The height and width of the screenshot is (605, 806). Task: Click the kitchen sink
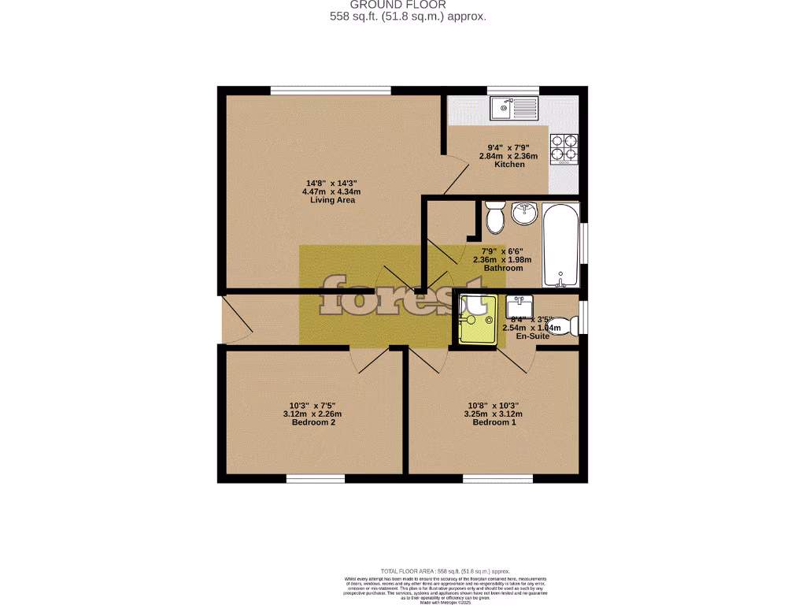513,108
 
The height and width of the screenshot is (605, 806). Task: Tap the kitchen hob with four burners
564,147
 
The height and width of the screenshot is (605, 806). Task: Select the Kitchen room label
509,165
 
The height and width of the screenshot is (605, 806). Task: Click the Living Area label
332,200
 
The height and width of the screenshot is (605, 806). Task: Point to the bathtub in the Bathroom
561,245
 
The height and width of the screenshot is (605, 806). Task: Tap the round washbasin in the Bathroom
523,213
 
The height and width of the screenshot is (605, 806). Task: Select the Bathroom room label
503,268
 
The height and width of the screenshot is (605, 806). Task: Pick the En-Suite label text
532,336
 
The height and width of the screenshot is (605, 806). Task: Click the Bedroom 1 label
494,423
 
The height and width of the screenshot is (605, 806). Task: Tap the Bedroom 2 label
312,423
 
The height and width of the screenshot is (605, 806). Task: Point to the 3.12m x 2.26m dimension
312,414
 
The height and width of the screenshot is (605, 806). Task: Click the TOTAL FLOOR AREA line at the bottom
446,571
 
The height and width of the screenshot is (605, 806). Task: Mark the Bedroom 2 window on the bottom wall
315,478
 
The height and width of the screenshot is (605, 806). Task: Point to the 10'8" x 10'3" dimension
494,405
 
